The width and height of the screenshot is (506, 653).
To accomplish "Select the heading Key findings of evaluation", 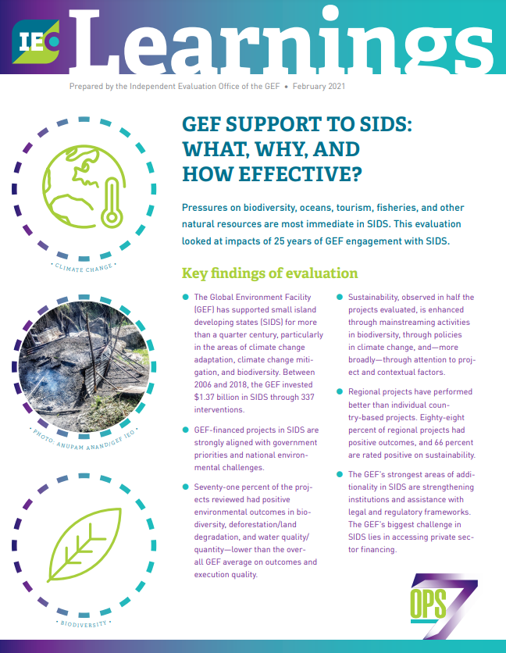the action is [x=269, y=273].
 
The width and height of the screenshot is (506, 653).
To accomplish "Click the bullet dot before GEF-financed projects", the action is [x=185, y=430].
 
